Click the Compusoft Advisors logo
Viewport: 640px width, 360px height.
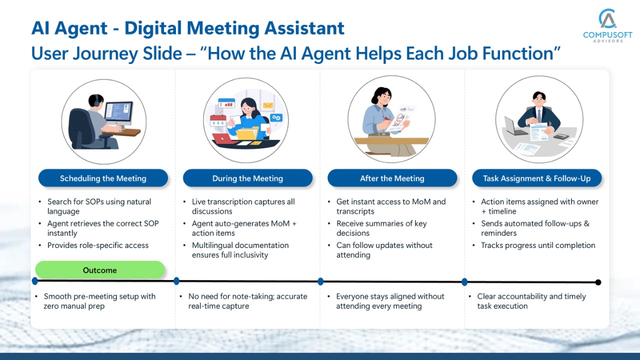[x=607, y=25]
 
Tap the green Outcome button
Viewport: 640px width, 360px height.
[x=100, y=269]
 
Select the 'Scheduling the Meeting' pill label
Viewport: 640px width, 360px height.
[x=103, y=178]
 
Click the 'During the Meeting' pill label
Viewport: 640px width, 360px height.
[x=247, y=178]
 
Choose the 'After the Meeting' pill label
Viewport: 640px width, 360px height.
[x=392, y=178]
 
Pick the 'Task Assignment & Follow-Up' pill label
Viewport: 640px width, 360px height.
[x=537, y=178]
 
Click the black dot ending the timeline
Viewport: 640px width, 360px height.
[x=598, y=282]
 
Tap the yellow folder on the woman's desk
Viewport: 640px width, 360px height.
[x=247, y=133]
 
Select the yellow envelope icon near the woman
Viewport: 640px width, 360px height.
[x=268, y=105]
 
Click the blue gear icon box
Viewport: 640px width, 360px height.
[x=276, y=117]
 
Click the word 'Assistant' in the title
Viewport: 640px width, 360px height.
[x=304, y=28]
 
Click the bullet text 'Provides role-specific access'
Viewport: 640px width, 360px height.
[x=97, y=245]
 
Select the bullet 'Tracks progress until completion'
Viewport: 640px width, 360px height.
[x=538, y=245]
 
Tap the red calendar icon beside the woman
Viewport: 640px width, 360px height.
[x=218, y=120]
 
